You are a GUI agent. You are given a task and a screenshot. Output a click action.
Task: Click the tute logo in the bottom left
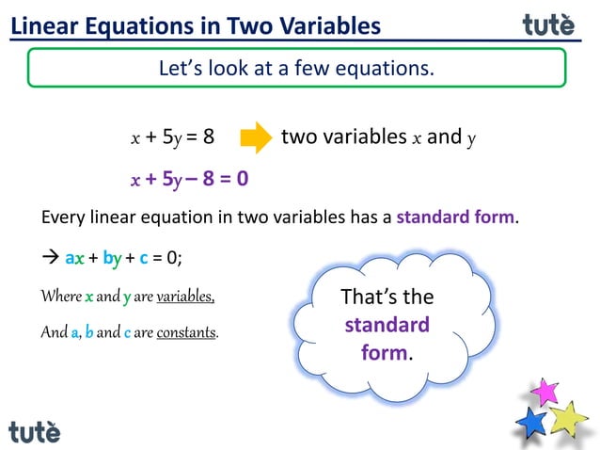tap(35, 431)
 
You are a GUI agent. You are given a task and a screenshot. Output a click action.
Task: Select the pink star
tap(545, 390)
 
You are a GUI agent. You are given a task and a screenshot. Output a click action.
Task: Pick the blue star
tap(531, 422)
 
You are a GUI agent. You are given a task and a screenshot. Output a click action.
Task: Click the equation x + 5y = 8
tap(172, 137)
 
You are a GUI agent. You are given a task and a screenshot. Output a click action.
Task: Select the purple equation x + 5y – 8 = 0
tap(189, 179)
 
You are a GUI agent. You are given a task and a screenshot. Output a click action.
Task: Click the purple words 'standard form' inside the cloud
tap(387, 340)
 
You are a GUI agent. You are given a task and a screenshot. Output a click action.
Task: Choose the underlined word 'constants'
tap(187, 332)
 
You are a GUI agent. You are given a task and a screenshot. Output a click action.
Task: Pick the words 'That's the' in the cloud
tap(387, 297)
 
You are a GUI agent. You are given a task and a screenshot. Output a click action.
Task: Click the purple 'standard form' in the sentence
tap(455, 218)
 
